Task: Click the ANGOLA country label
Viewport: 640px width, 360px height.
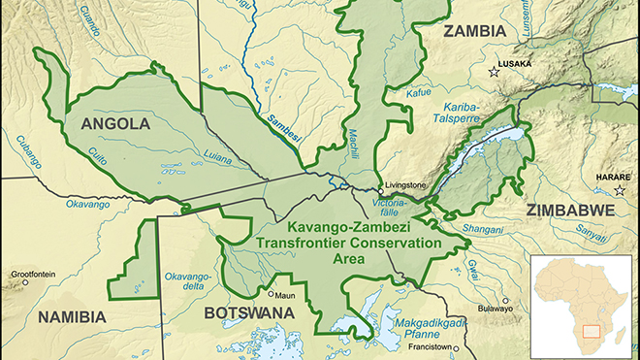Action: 115,124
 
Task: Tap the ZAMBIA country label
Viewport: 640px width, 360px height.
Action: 475,31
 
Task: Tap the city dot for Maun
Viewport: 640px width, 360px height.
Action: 271,293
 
